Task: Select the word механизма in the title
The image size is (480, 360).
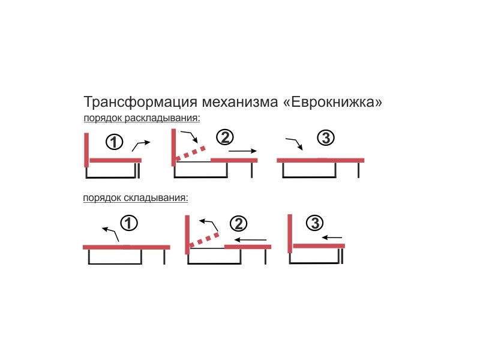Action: click(239, 102)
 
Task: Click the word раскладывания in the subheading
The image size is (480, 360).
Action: click(162, 118)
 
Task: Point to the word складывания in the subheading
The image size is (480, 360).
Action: click(156, 198)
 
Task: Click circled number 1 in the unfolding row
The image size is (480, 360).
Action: click(114, 142)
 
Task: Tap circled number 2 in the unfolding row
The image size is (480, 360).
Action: click(225, 137)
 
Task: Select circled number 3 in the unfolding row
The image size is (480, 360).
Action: click(326, 137)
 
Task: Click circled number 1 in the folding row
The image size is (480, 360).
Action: click(129, 223)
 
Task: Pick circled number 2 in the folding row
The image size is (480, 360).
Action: click(238, 223)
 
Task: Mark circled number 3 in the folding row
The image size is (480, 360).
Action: click(314, 223)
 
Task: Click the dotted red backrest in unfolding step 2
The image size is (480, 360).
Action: click(190, 153)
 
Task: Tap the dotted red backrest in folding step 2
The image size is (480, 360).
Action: click(204, 239)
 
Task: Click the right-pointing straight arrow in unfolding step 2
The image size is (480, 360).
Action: click(242, 151)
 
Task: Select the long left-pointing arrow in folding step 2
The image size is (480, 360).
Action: click(250, 239)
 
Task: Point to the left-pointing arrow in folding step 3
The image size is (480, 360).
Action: click(332, 237)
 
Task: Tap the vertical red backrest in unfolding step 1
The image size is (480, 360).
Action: click(86, 150)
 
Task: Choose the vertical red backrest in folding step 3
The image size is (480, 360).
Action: click(290, 233)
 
